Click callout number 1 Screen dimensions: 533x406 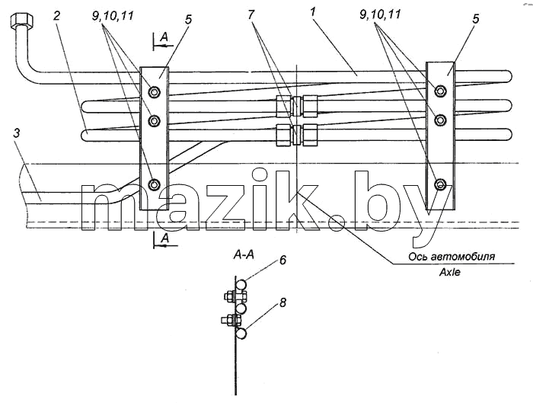pyautogui.click(x=314, y=13)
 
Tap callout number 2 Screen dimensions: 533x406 pyautogui.click(x=57, y=15)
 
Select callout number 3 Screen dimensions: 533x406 pyautogui.click(x=17, y=133)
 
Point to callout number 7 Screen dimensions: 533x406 pyautogui.click(x=251, y=15)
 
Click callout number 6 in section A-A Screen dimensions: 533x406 pyautogui.click(x=282, y=261)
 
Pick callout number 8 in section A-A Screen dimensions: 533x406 pyautogui.click(x=282, y=302)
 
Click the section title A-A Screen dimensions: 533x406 pyautogui.click(x=244, y=254)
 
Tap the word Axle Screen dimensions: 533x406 pyautogui.click(x=450, y=272)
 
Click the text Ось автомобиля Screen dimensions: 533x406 pyautogui.click(x=452, y=257)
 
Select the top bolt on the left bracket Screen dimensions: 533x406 pyautogui.click(x=155, y=91)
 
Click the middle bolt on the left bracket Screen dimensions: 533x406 pyautogui.click(x=155, y=120)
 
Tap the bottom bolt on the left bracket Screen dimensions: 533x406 pyautogui.click(x=155, y=184)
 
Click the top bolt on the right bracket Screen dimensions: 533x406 pyautogui.click(x=441, y=90)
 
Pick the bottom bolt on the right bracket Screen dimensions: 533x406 pyautogui.click(x=441, y=184)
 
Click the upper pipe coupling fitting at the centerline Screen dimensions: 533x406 pyautogui.click(x=297, y=106)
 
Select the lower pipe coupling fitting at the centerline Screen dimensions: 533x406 pyautogui.click(x=297, y=135)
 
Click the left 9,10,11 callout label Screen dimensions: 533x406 pyautogui.click(x=113, y=16)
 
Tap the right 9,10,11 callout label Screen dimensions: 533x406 pyautogui.click(x=380, y=14)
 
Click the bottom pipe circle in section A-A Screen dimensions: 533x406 pyautogui.click(x=241, y=334)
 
